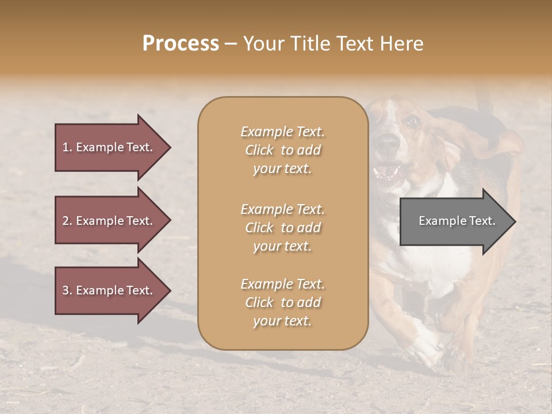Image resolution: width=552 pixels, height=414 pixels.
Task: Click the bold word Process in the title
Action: point(181,44)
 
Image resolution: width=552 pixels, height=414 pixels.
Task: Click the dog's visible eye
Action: point(411,121)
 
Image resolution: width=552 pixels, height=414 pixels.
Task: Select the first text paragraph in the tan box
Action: point(282,150)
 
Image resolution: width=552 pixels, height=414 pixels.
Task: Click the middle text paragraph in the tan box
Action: point(282,228)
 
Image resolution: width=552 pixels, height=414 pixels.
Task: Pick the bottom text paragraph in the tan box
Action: point(282,302)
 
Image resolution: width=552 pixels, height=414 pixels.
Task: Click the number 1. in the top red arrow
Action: point(67,147)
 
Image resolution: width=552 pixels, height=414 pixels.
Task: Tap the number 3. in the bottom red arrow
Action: point(67,290)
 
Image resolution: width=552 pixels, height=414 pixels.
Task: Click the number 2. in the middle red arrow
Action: point(67,221)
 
